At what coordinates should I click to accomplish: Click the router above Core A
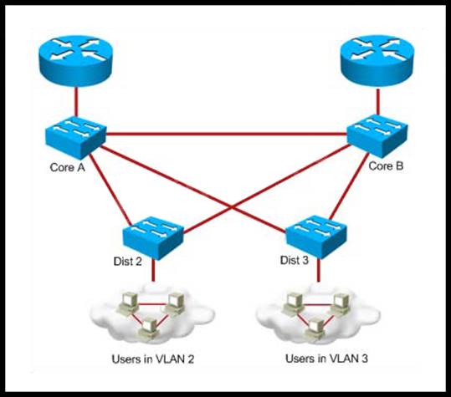75,60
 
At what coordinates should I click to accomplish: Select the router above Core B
377,61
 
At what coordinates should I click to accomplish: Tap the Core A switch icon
75,137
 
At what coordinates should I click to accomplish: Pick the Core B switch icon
377,136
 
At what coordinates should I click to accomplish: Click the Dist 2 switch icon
153,238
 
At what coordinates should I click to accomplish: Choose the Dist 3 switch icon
316,237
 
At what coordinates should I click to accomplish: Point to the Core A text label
67,167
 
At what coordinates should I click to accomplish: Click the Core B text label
386,166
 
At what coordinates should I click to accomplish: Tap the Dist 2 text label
128,262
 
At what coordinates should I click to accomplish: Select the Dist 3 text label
295,260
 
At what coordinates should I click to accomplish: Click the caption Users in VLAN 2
153,359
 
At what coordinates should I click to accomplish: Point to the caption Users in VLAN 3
326,359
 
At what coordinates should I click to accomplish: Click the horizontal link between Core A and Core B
227,134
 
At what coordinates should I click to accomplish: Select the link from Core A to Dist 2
110,190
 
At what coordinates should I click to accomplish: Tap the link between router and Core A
76,101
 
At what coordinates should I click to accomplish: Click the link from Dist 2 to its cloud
153,270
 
